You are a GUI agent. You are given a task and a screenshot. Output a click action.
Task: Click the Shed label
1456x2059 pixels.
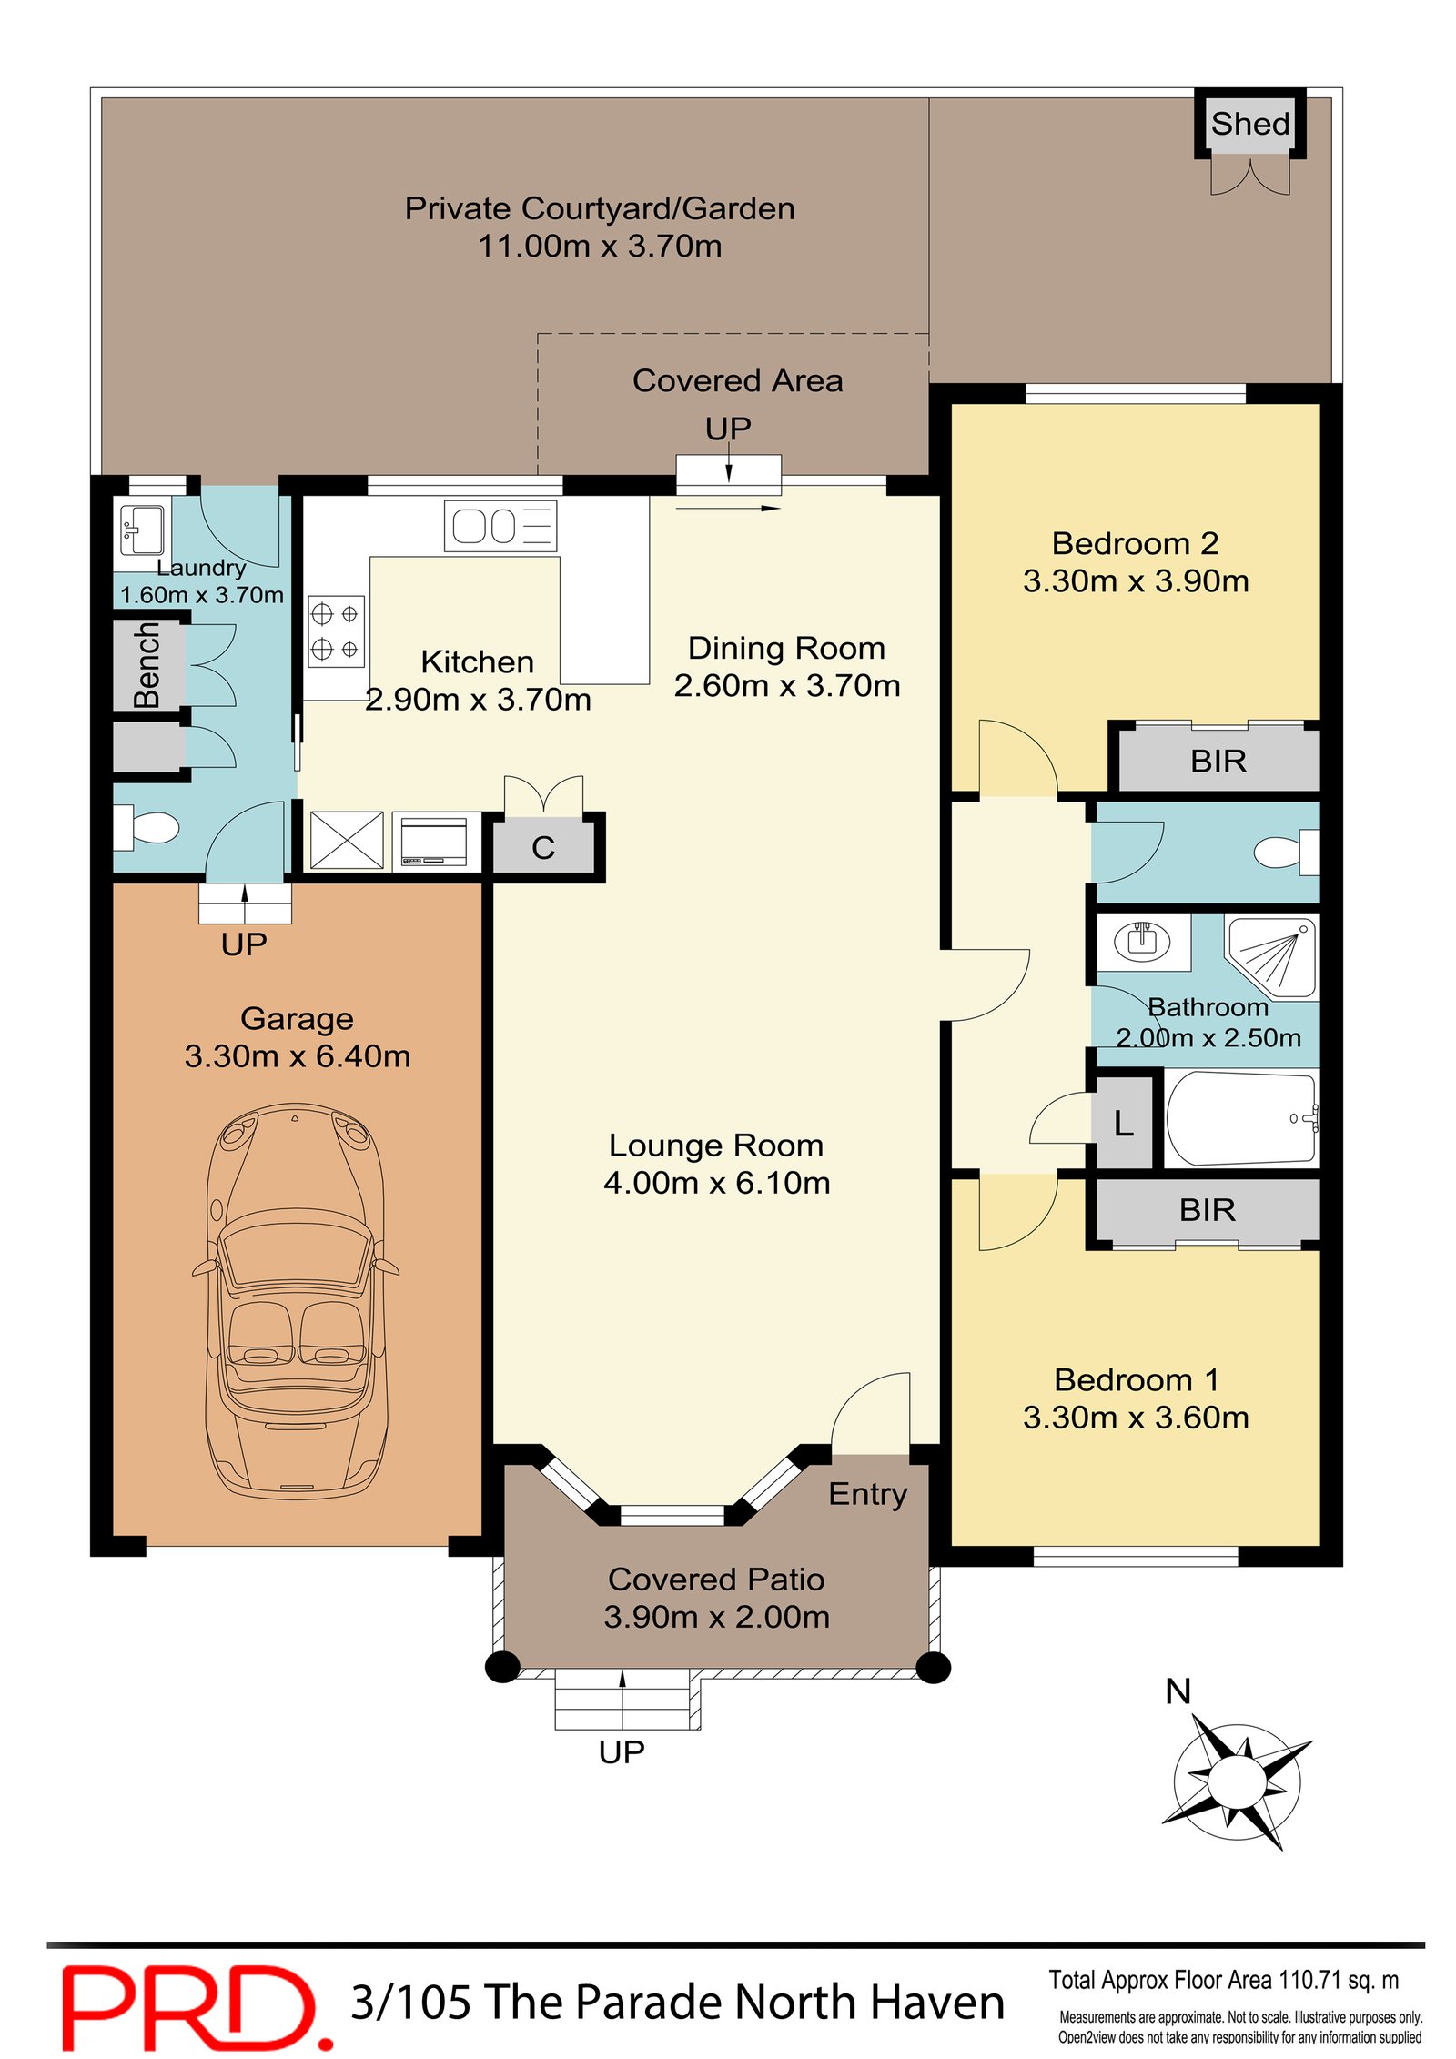1249,124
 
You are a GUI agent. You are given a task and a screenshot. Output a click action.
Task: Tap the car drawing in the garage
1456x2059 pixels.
295,1300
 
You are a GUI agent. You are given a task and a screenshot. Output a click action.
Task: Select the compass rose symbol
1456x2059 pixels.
1237,1781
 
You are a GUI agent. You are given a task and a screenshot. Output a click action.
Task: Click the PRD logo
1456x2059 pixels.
197,2008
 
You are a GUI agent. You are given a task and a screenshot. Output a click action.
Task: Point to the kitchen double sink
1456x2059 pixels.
500,526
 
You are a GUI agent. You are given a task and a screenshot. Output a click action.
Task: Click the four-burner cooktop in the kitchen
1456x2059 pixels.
336,631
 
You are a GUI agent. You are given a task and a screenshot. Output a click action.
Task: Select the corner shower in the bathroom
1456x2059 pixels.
1271,956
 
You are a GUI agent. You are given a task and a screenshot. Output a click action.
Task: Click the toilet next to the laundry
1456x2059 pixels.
146,827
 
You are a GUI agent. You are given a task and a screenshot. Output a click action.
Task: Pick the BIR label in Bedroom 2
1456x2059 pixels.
1218,761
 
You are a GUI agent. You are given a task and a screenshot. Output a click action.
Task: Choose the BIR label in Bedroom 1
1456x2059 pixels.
1207,1209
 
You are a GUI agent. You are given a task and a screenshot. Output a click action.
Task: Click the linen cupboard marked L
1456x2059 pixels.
1124,1122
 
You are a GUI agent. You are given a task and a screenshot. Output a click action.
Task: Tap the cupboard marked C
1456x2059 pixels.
543,847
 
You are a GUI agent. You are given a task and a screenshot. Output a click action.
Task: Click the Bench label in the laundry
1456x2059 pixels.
147,665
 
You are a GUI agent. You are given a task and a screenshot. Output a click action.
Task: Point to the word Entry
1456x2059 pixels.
867,1494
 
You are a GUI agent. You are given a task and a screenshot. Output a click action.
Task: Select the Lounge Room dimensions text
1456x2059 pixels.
716,1182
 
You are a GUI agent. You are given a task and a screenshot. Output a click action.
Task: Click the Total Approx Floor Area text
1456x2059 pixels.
1223,1980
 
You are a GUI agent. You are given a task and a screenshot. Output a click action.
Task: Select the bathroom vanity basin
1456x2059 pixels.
1142,941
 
